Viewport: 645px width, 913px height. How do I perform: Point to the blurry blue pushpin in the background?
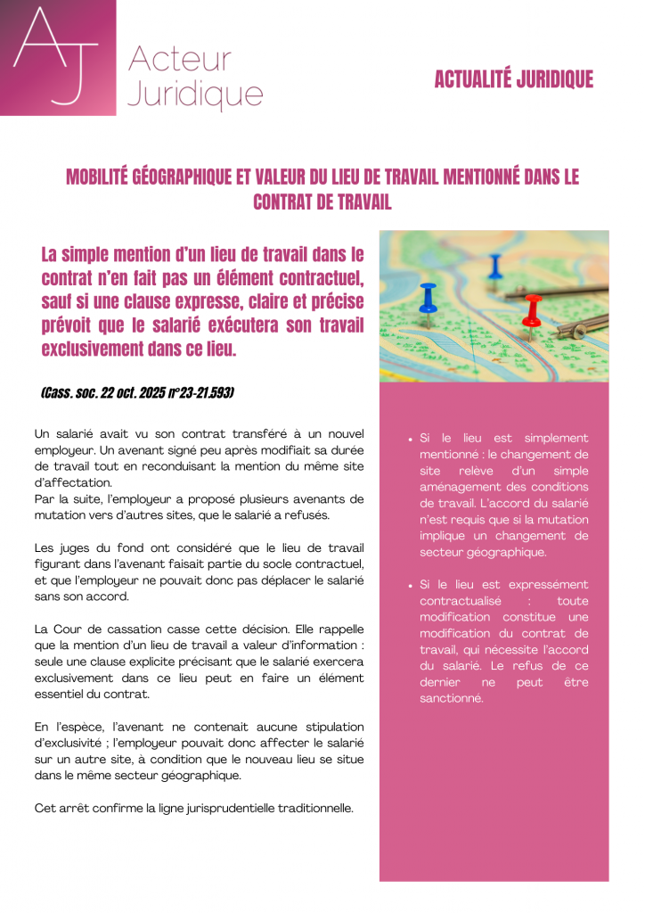click(494, 264)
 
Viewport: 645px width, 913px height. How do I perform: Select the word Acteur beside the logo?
click(180, 60)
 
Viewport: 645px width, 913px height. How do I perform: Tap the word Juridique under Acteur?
click(195, 94)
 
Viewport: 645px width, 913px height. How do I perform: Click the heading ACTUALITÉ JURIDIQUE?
click(513, 79)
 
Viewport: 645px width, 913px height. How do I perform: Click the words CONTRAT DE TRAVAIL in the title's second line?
click(322, 202)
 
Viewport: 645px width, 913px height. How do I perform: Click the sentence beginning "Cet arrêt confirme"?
click(193, 809)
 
